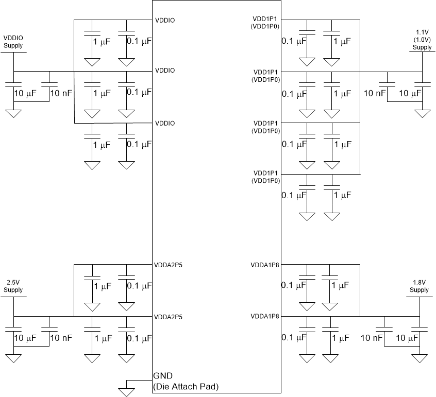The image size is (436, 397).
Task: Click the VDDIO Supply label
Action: pos(13,42)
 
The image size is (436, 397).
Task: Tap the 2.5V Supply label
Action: pos(13,286)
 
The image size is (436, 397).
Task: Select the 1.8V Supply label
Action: pos(420,286)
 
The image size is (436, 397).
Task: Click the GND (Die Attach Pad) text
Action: pos(186,381)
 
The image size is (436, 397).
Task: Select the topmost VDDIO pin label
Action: pos(165,21)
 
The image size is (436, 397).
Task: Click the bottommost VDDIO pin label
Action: pos(165,123)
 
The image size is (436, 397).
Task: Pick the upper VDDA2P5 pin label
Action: pos(168,266)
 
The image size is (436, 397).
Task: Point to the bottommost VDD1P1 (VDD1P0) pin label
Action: pos(266,177)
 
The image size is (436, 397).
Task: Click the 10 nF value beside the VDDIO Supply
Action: pos(60,93)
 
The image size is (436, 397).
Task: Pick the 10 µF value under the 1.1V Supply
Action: pos(409,93)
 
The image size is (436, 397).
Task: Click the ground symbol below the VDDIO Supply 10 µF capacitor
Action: pos(13,113)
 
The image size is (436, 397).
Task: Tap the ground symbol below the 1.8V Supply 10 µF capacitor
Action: pos(422,357)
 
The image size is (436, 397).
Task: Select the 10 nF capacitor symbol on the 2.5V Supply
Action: pos(49,327)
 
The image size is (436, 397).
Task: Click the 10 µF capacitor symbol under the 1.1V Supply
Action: pos(422,83)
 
